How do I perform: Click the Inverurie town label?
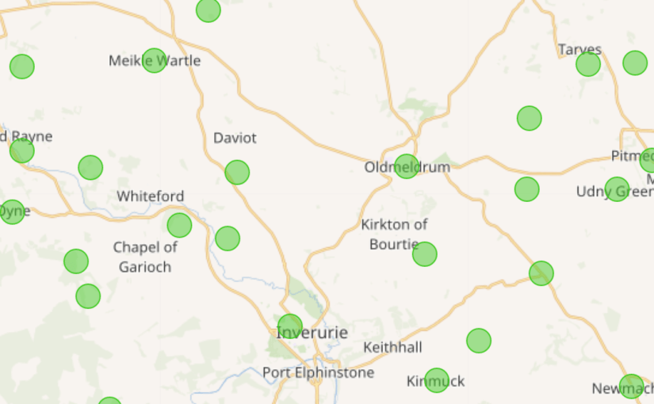click(312, 333)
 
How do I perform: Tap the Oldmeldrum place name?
click(407, 167)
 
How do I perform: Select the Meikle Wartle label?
click(155, 60)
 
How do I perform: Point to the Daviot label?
click(235, 138)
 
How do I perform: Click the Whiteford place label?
click(151, 196)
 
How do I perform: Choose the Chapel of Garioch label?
click(145, 257)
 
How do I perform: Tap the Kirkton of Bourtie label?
click(394, 234)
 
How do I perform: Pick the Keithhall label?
click(392, 347)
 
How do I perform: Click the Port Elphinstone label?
click(318, 372)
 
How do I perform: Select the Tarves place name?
click(579, 50)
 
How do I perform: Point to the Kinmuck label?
click(435, 381)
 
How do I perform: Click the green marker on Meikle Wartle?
click(155, 60)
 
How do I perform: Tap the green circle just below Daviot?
click(237, 172)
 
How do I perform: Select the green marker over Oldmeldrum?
click(407, 166)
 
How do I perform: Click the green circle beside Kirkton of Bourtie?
click(425, 253)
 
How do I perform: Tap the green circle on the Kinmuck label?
click(437, 380)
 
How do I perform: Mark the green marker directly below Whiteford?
click(179, 225)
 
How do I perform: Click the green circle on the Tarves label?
click(588, 64)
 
